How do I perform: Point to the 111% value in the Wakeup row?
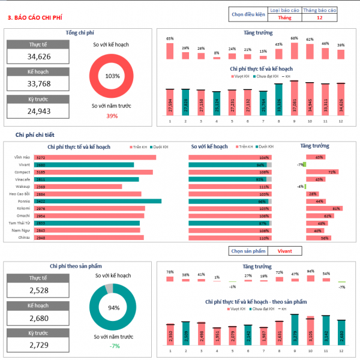262,187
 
